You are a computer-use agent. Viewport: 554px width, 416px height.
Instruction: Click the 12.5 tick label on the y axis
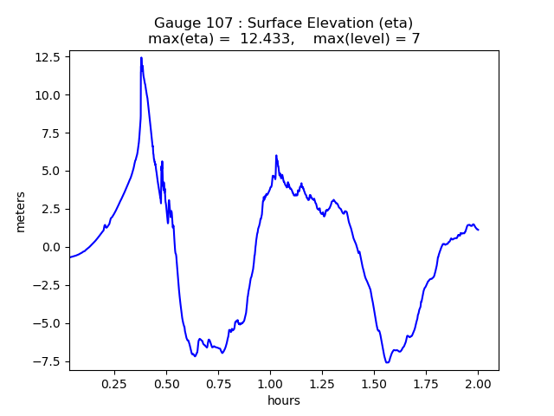tap(48, 57)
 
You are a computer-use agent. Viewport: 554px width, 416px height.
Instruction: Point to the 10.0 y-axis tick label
tap(48, 95)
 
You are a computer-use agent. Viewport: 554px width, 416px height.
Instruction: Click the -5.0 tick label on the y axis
tap(48, 323)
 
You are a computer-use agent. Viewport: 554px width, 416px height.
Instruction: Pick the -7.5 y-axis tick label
tap(48, 361)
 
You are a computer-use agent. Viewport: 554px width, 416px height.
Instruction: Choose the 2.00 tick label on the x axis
tap(478, 383)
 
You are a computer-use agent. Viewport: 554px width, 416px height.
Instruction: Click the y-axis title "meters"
tap(20, 211)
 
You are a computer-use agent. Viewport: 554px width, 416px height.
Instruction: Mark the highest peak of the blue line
tap(141, 58)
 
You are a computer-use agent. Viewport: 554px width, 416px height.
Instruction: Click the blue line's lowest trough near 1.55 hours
tap(387, 362)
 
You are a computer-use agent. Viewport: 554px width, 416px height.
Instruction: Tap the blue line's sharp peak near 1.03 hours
tap(276, 156)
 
